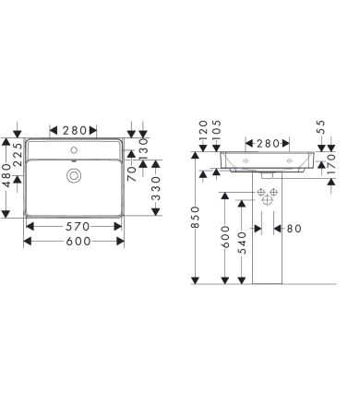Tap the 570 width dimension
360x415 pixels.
[73, 225]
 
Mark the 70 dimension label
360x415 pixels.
[132, 170]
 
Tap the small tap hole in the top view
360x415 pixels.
[73, 147]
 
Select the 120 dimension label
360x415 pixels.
[203, 136]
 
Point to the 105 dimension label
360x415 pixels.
[216, 136]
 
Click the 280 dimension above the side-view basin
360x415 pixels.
[268, 143]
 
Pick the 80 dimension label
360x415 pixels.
[293, 228]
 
